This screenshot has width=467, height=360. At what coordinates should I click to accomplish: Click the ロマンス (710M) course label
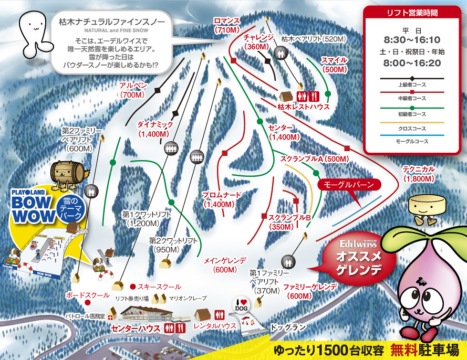coord(227,25)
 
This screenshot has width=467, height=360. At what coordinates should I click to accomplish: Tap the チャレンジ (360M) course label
coord(259,41)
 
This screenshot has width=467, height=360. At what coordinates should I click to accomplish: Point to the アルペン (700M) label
coord(132,90)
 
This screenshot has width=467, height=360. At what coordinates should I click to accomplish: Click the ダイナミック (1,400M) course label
coord(155,129)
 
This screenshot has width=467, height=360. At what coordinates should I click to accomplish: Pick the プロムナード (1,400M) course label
coord(222,199)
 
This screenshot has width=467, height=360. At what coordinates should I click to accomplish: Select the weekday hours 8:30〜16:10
coord(412,39)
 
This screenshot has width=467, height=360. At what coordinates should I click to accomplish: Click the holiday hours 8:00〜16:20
coord(412,62)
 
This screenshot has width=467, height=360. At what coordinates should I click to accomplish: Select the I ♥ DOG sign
coord(243,304)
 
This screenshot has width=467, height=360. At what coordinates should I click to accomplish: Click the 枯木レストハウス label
coord(304,107)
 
